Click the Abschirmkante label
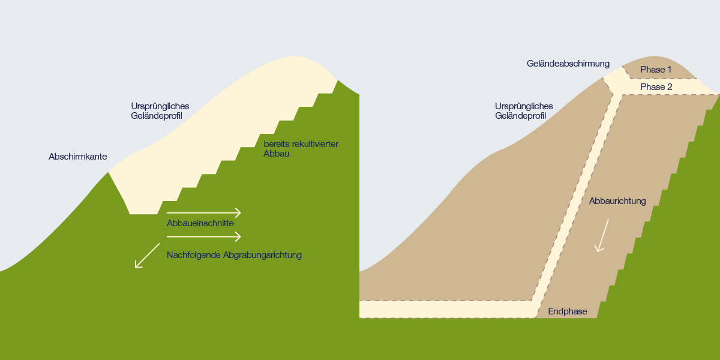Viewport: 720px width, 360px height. (78, 157)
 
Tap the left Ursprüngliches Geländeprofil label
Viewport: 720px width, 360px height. (160, 111)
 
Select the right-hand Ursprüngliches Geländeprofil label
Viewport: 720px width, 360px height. (524, 111)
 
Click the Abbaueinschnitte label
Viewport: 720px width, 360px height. (200, 223)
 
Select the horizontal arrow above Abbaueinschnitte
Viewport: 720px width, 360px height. (204, 213)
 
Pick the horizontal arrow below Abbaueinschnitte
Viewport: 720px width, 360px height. (204, 237)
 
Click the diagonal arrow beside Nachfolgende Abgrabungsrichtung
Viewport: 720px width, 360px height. (147, 256)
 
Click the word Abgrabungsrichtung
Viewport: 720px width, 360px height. (262, 255)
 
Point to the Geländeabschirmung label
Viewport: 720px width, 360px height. (568, 64)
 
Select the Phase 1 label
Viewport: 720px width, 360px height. (656, 70)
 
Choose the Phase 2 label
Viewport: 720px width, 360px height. (656, 87)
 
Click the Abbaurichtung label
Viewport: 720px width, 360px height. (617, 201)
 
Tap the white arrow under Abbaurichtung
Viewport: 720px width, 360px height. (602, 236)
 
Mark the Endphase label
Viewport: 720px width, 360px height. (568, 311)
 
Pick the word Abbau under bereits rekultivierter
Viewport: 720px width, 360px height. (276, 154)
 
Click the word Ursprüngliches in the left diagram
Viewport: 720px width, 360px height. (160, 106)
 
